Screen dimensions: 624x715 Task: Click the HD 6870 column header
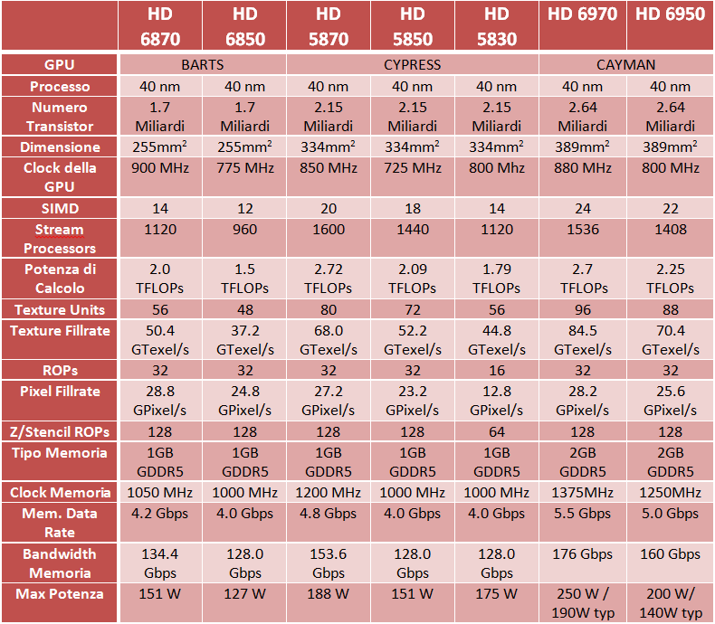click(160, 26)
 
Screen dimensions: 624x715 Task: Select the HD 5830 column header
click(496, 26)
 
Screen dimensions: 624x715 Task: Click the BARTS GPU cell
click(202, 65)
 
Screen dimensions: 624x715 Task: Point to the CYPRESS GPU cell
click(412, 65)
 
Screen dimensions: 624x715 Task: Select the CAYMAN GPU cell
click(625, 65)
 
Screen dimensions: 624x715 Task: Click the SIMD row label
click(60, 208)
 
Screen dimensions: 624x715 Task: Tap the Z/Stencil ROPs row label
click(60, 432)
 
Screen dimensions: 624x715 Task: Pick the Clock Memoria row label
click(60, 493)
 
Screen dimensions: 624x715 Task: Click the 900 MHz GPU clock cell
click(160, 168)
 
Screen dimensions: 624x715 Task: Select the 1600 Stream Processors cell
click(328, 230)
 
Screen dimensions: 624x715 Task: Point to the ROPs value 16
click(496, 371)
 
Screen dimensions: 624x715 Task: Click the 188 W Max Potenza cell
click(328, 594)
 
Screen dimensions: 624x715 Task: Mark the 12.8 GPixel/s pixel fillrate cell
click(496, 401)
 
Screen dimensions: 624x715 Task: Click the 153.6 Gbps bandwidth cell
click(328, 563)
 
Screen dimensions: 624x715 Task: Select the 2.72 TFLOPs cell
click(328, 278)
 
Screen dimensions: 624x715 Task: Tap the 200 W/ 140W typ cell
click(670, 603)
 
